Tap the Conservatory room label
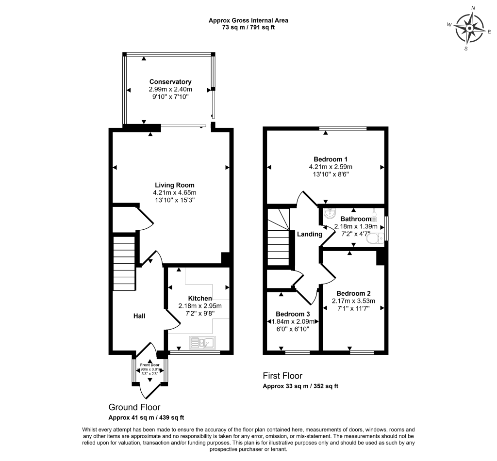(x=170, y=82)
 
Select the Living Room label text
(x=175, y=185)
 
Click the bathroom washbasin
(x=329, y=213)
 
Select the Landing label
(x=310, y=234)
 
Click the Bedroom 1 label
(x=331, y=159)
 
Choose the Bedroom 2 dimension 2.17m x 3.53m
(x=353, y=301)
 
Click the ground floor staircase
(x=124, y=262)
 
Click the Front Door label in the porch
(x=149, y=365)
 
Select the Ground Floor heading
(x=134, y=407)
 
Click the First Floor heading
(x=282, y=376)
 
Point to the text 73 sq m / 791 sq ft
(x=248, y=28)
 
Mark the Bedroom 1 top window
(x=344, y=128)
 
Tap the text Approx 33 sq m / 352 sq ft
(x=300, y=386)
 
